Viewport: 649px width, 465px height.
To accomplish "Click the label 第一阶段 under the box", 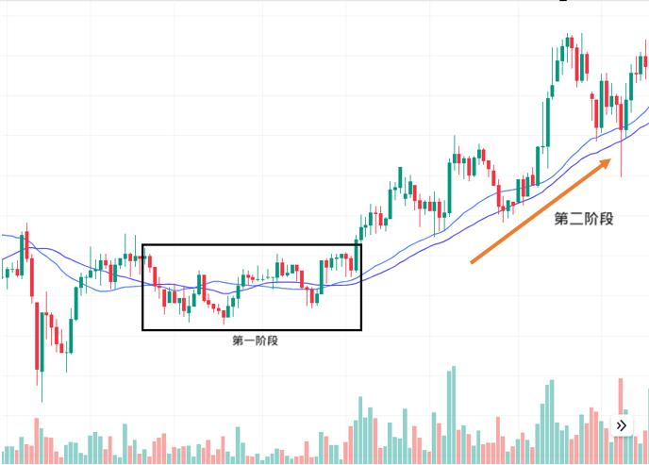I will pyautogui.click(x=255, y=340).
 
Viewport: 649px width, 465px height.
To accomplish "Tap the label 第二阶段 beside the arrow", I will pyautogui.click(x=584, y=219).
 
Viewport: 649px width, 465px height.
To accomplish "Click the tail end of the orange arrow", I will pyautogui.click(x=472, y=262).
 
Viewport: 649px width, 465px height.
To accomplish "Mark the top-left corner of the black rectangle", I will pyautogui.click(x=143, y=246).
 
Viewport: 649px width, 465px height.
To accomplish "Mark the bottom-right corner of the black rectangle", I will pyautogui.click(x=361, y=329).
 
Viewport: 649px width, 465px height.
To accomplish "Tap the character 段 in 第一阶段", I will pyautogui.click(x=273, y=340).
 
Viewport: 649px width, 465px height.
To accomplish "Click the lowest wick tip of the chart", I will pyautogui.click(x=41, y=400).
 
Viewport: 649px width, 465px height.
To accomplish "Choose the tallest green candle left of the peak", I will pyautogui.click(x=546, y=123).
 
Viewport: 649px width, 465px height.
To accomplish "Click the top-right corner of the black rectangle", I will pyautogui.click(x=361, y=246).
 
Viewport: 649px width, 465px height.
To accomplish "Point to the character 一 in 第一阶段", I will pyautogui.click(x=249, y=340).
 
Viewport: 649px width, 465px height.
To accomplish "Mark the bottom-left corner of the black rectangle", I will pyautogui.click(x=143, y=329).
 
